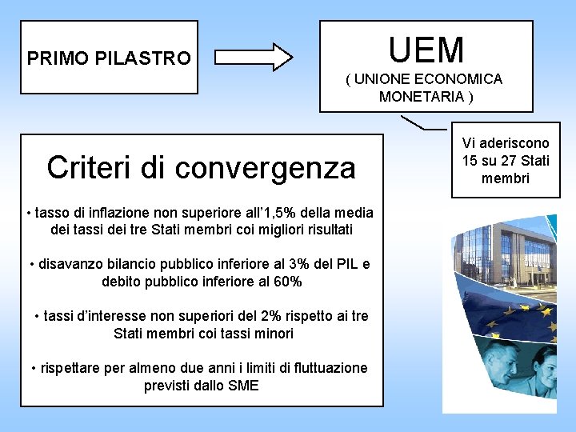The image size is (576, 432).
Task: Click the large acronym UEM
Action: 426,49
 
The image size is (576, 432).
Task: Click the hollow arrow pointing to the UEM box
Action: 255,58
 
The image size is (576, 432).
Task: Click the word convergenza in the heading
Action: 268,168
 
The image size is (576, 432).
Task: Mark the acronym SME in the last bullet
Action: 242,386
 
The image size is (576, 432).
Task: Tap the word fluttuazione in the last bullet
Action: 330,368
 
